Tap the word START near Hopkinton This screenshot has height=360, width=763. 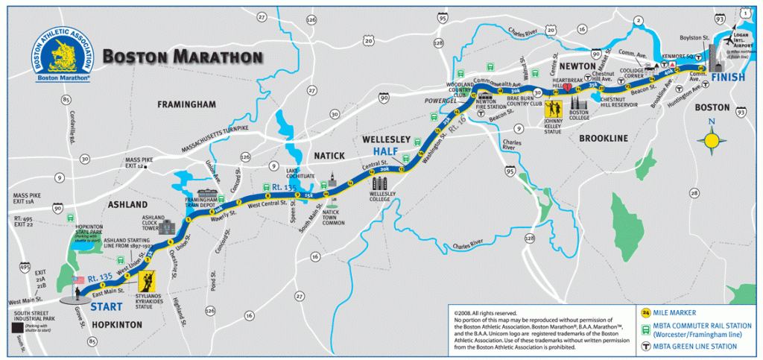[x=107, y=306]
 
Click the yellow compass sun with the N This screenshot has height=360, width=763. [x=712, y=139]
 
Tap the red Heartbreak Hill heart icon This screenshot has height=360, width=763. [x=569, y=87]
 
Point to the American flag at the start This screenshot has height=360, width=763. [x=77, y=282]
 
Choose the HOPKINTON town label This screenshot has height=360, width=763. [x=115, y=325]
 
